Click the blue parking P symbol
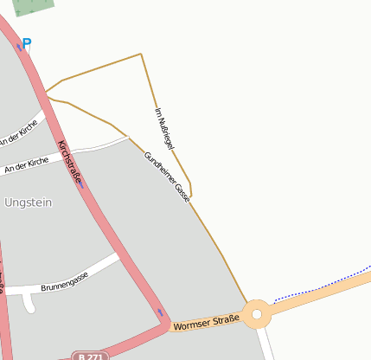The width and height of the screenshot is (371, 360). pyautogui.click(x=27, y=42)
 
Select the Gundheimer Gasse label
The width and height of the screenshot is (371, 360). pyautogui.click(x=167, y=177)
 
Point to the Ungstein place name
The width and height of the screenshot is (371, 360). pyautogui.click(x=29, y=202)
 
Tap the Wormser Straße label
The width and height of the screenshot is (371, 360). pyautogui.click(x=206, y=322)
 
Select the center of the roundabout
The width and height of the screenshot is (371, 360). pyautogui.click(x=257, y=312)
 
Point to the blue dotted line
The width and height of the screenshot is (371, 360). pyautogui.click(x=320, y=286)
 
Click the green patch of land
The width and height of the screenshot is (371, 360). pyautogui.click(x=33, y=6)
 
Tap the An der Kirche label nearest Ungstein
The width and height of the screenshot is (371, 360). pyautogui.click(x=27, y=164)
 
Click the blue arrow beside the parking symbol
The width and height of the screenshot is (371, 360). pyautogui.click(x=19, y=47)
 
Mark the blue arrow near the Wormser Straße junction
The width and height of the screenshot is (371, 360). pyautogui.click(x=159, y=312)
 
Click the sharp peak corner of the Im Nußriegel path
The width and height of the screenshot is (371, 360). pyautogui.click(x=140, y=55)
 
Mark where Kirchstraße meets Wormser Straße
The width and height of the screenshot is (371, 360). pyautogui.click(x=165, y=325)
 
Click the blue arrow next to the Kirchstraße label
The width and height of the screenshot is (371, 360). pyautogui.click(x=81, y=183)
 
